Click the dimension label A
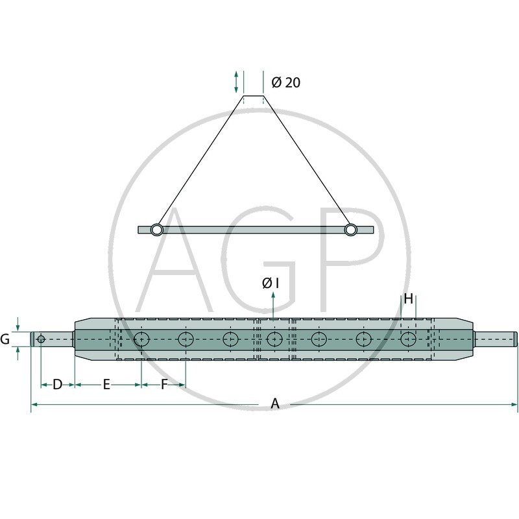(x=275, y=404)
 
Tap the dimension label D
(x=57, y=385)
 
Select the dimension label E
(x=106, y=385)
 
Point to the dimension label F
(x=164, y=385)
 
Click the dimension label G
(x=5, y=339)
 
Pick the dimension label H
(x=409, y=299)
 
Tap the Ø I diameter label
(x=271, y=283)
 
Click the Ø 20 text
(x=285, y=82)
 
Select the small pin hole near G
(x=41, y=339)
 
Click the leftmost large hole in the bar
(x=141, y=339)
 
